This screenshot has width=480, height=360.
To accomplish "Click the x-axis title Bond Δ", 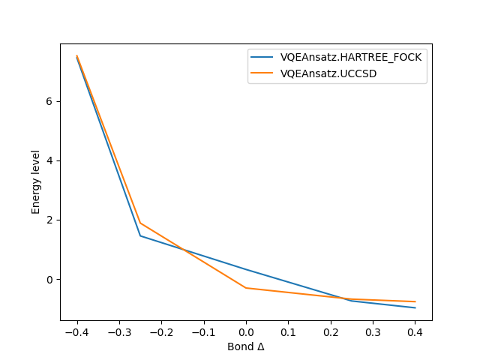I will [246, 346].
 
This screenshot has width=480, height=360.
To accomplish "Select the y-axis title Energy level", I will [36, 181].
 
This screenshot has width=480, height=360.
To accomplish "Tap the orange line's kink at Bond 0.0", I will [246, 288].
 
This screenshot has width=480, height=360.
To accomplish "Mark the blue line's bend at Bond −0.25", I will [140, 235].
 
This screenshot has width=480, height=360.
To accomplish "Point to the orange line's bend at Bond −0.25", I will [140, 223].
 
